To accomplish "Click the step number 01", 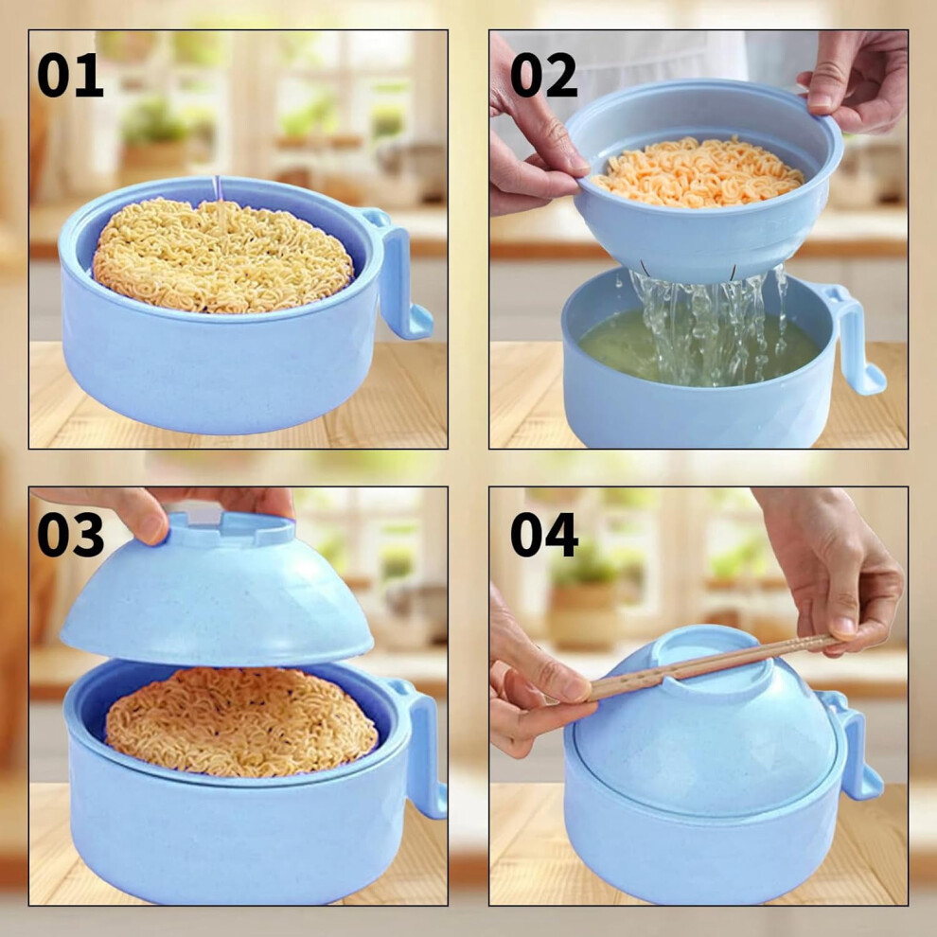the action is tap(70, 76).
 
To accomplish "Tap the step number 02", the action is tap(544, 76).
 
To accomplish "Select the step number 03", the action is tap(71, 535).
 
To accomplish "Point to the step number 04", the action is tap(544, 535).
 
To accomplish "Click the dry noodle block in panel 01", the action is tap(222, 256).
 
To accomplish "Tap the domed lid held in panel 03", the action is tap(217, 589).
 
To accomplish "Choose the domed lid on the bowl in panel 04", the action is tap(705, 723).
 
